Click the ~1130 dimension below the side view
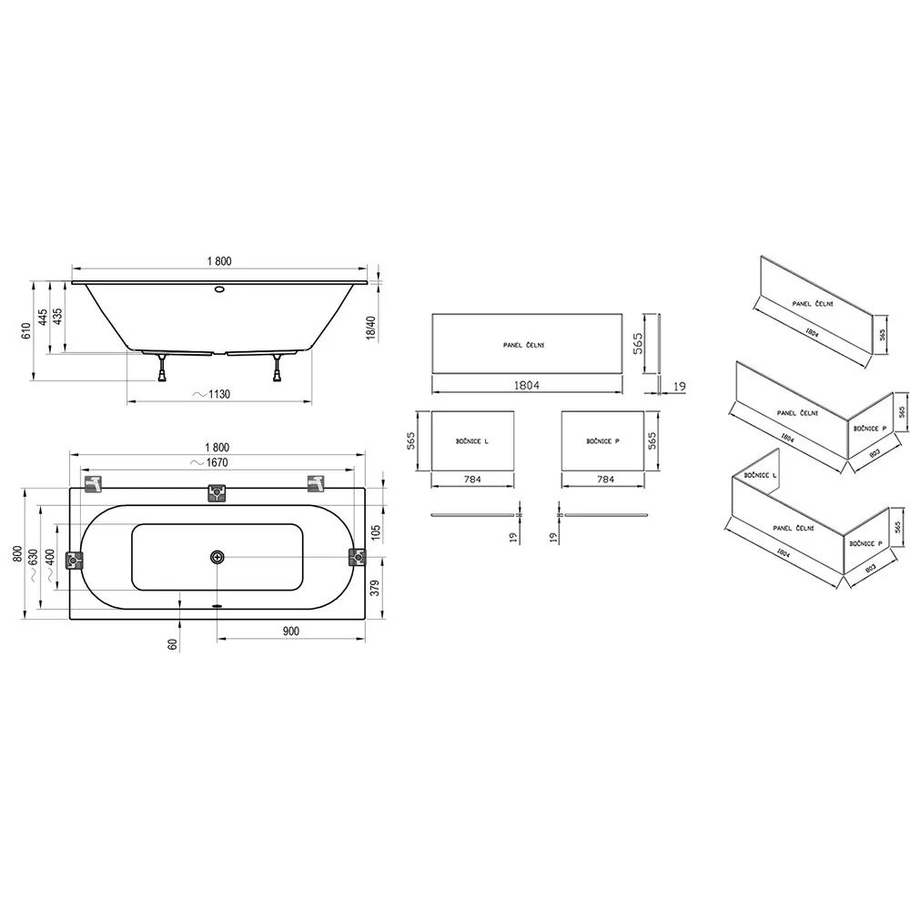(212, 394)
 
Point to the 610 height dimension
(25, 331)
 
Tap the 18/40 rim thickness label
(371, 328)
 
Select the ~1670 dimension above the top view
(209, 462)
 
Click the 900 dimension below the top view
(291, 631)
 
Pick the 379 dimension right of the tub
(375, 588)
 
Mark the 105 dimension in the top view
(375, 532)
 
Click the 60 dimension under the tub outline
(172, 644)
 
